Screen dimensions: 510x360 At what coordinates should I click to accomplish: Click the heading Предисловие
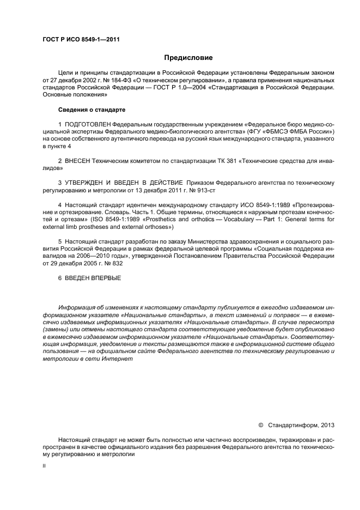click(x=188, y=57)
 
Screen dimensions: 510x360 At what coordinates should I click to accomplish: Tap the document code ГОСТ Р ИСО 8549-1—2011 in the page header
click(x=81, y=40)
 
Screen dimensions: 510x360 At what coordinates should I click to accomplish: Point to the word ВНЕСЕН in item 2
click(x=78, y=162)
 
